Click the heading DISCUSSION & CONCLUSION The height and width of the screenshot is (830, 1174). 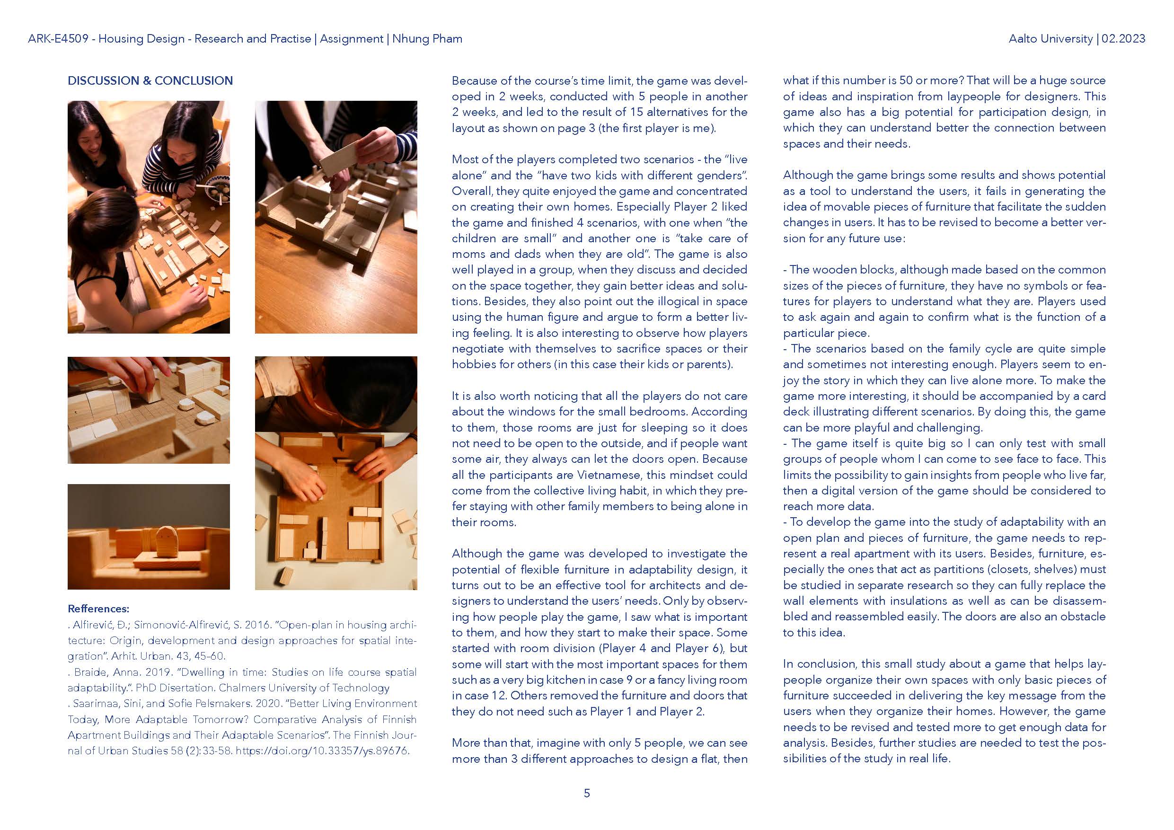pos(150,81)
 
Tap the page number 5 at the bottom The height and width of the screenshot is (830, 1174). pos(586,793)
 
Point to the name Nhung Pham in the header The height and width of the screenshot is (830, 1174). pos(427,39)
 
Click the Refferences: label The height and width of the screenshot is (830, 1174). pos(98,609)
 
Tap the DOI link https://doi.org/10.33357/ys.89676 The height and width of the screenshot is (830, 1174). pos(322,751)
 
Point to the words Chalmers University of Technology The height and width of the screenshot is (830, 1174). pos(304,688)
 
